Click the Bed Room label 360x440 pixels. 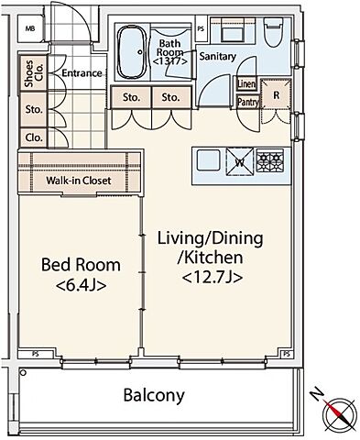(81, 265)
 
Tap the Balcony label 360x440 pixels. (154, 395)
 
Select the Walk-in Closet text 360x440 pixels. (79, 181)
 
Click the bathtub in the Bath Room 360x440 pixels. (132, 52)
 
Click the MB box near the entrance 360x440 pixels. (30, 29)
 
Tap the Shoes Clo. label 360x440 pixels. (34, 73)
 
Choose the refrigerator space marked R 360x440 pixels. (276, 95)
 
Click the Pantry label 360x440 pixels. (248, 102)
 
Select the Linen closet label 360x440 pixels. (246, 83)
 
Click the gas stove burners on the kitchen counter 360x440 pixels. (270, 159)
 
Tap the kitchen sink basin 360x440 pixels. (209, 160)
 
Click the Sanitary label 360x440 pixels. (218, 56)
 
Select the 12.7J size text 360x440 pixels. (213, 278)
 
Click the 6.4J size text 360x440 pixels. (82, 285)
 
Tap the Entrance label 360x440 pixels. (82, 73)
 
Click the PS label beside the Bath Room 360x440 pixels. (201, 29)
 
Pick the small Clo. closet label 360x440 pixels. (34, 137)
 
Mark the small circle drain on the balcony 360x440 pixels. (22, 372)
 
